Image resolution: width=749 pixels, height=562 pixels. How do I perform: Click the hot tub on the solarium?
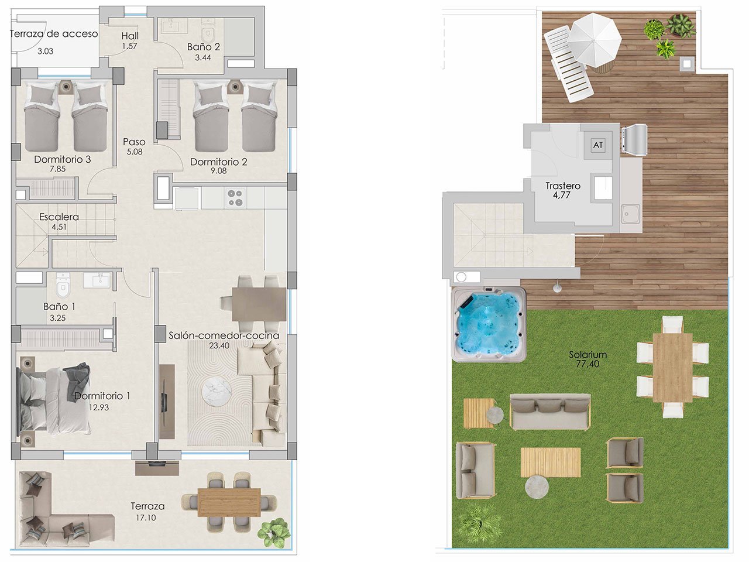[x=488, y=325]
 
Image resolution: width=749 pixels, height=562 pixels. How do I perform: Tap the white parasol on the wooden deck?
[x=595, y=36]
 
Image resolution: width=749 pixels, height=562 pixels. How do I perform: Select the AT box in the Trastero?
[x=598, y=145]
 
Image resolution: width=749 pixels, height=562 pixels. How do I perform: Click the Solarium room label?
[x=587, y=355]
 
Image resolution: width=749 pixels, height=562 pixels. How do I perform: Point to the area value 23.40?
[x=218, y=345]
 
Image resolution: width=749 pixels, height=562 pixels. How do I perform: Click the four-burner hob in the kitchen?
[x=235, y=197]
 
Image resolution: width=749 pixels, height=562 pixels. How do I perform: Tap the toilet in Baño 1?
[x=61, y=285]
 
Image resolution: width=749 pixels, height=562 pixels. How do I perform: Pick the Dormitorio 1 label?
[x=102, y=396]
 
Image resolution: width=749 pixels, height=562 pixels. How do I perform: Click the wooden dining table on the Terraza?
[x=229, y=502]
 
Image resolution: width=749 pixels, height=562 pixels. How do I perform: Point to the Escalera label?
[x=59, y=217]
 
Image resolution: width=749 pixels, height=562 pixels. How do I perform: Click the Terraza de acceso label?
[x=54, y=34]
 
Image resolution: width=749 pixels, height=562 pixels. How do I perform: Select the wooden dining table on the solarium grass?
[x=672, y=366]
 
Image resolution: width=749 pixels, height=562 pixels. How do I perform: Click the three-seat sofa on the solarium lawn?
[x=549, y=412]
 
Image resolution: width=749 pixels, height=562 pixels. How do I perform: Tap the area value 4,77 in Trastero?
[x=562, y=196]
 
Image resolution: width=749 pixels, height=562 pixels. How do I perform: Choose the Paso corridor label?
[x=134, y=142]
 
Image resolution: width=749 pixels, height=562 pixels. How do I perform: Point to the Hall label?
[x=130, y=36]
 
